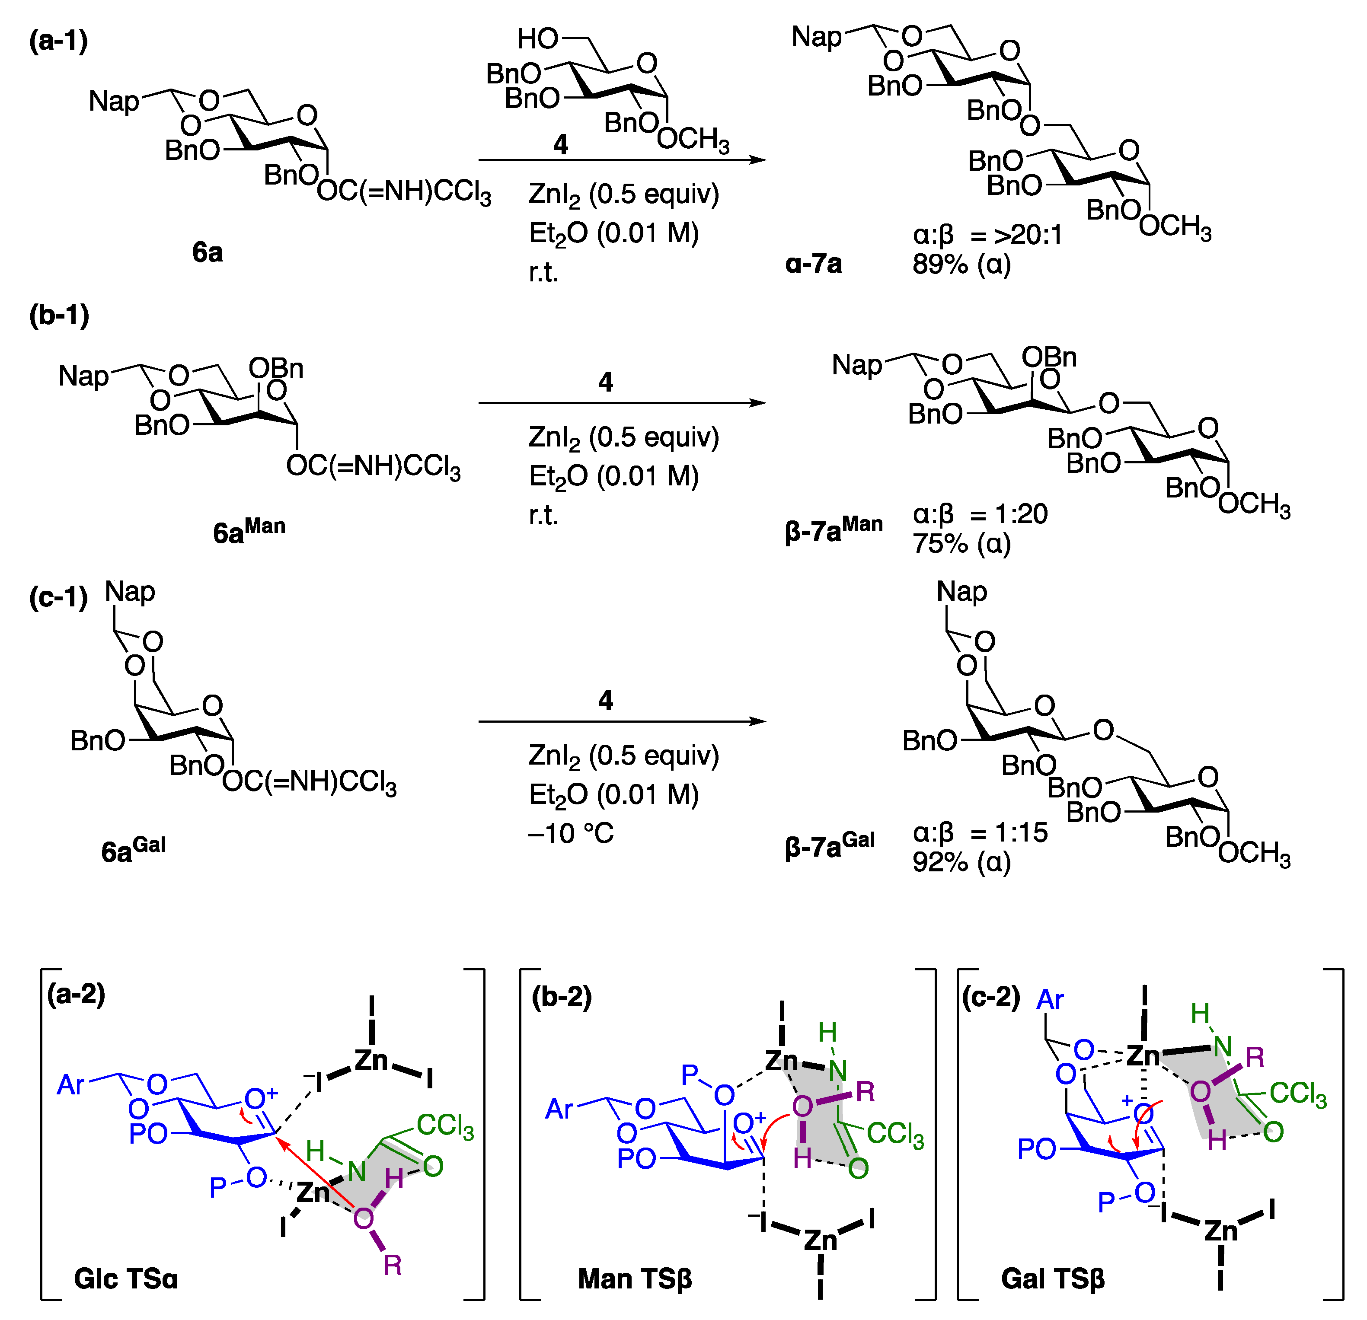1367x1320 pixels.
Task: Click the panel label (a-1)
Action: pyautogui.click(x=59, y=41)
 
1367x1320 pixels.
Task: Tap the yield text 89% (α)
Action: pyautogui.click(x=961, y=264)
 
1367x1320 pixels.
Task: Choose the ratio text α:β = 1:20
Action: pyautogui.click(x=980, y=514)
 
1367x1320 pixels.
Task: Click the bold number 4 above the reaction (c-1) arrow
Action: pyautogui.click(x=605, y=700)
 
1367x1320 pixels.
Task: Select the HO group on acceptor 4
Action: pyautogui.click(x=538, y=39)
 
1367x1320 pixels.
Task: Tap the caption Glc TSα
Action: pyautogui.click(x=125, y=1278)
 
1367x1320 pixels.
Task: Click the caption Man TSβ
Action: pyautogui.click(x=635, y=1278)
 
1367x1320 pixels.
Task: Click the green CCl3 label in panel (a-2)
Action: pyautogui.click(x=445, y=1126)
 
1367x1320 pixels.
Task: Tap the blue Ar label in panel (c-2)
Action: pyautogui.click(x=1050, y=1000)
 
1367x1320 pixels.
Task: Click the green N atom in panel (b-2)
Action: pyautogui.click(x=838, y=1070)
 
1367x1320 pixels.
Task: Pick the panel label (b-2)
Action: pyautogui.click(x=562, y=996)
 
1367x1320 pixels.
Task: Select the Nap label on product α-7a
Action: pyautogui.click(x=816, y=36)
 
